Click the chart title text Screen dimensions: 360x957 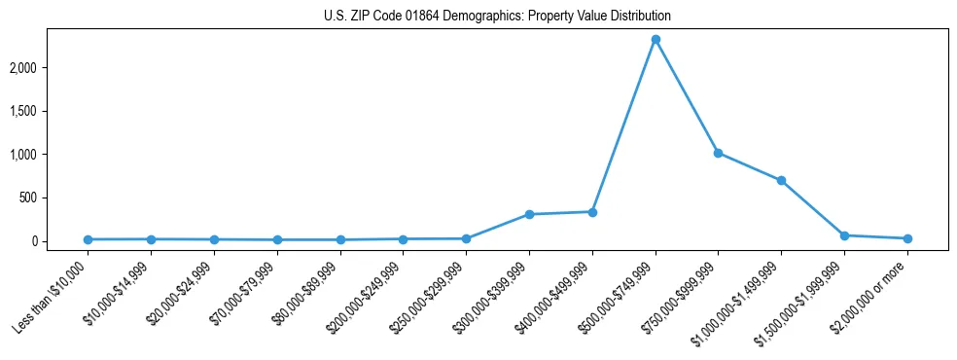tap(497, 17)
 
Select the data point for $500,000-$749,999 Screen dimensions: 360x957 tap(656, 40)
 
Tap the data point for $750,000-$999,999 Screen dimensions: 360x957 tap(718, 153)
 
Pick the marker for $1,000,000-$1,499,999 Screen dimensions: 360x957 tap(781, 180)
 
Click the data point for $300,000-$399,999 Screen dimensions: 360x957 tap(529, 214)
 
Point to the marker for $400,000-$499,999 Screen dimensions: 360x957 tap(592, 211)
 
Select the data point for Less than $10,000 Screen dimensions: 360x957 tap(89, 239)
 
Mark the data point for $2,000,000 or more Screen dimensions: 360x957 tap(907, 238)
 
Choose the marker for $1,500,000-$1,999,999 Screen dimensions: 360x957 tap(844, 235)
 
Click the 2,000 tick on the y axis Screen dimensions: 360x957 tap(51, 68)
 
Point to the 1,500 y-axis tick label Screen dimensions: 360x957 tap(51, 111)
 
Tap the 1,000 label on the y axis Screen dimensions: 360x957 tap(51, 155)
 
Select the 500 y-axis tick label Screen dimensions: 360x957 tap(56, 198)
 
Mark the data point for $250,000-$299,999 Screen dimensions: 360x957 tap(466, 238)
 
